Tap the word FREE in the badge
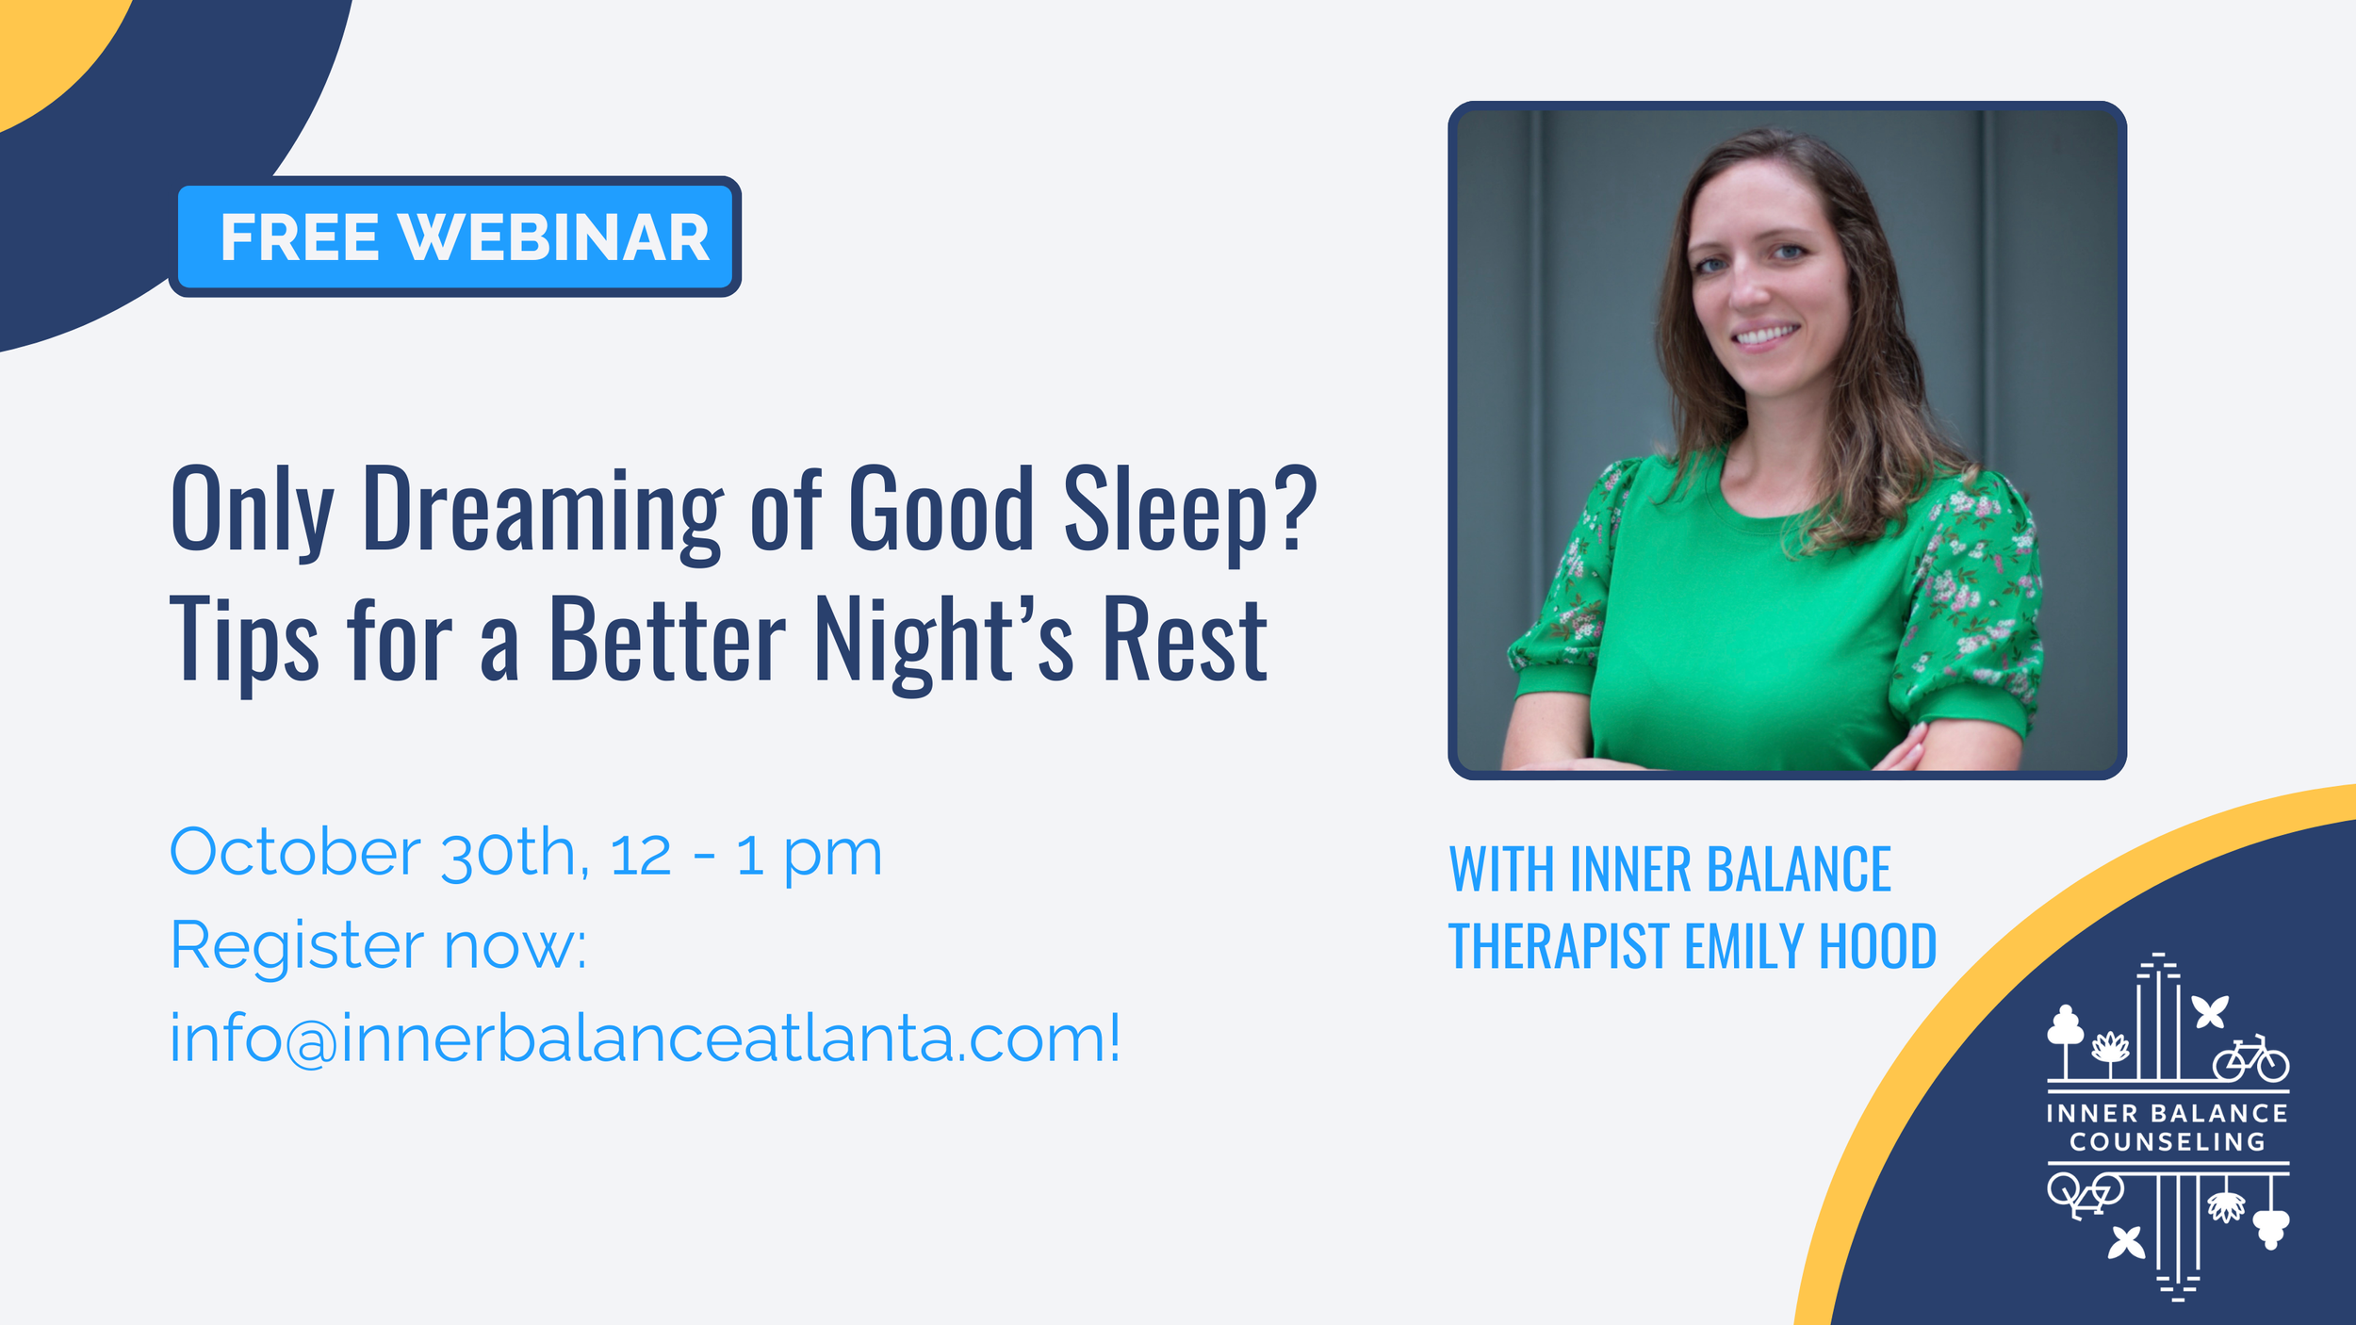click(300, 237)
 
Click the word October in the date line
click(295, 852)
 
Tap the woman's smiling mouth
click(1765, 335)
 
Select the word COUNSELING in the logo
click(2168, 1142)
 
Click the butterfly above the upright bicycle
click(2210, 1012)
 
